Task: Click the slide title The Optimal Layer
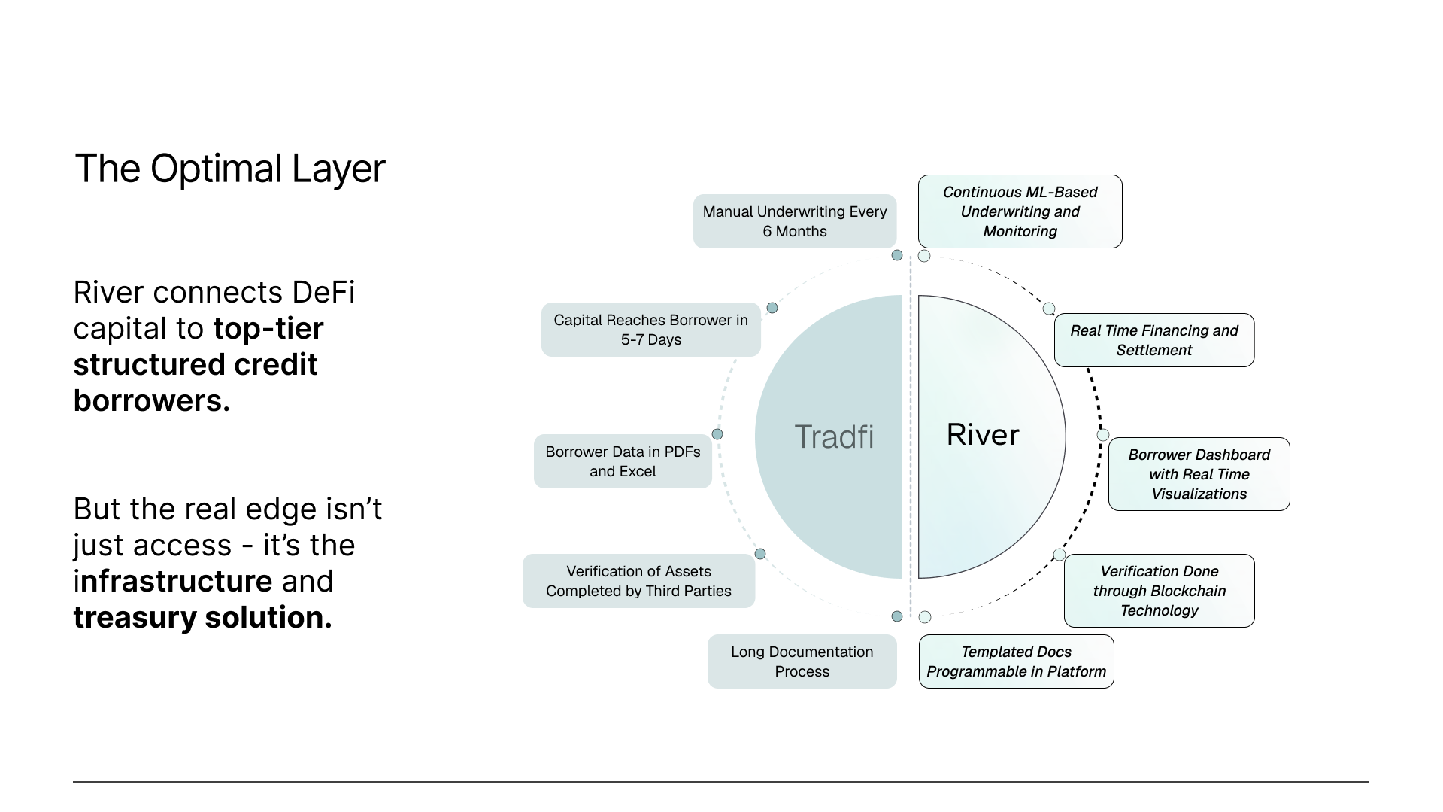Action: tap(229, 169)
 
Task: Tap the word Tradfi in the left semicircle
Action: tap(834, 436)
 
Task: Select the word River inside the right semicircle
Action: tap(982, 434)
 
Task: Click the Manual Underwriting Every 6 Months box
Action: tap(794, 221)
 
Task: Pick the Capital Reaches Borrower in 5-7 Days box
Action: tap(650, 330)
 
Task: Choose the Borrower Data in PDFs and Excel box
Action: tap(623, 461)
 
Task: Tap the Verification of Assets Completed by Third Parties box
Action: tap(638, 581)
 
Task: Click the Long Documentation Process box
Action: tap(802, 661)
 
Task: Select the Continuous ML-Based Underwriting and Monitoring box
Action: tap(1020, 211)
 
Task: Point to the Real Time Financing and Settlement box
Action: tap(1153, 340)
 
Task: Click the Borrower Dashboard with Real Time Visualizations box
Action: tap(1199, 474)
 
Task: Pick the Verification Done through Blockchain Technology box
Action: tap(1159, 591)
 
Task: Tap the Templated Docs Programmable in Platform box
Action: tap(1016, 661)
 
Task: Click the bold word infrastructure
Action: tap(173, 581)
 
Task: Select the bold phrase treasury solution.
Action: tap(202, 617)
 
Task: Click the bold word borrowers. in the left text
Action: tap(151, 400)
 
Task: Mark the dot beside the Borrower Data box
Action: tap(717, 434)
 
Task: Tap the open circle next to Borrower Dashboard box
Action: tap(1103, 435)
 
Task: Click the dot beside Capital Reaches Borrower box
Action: tap(772, 308)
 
